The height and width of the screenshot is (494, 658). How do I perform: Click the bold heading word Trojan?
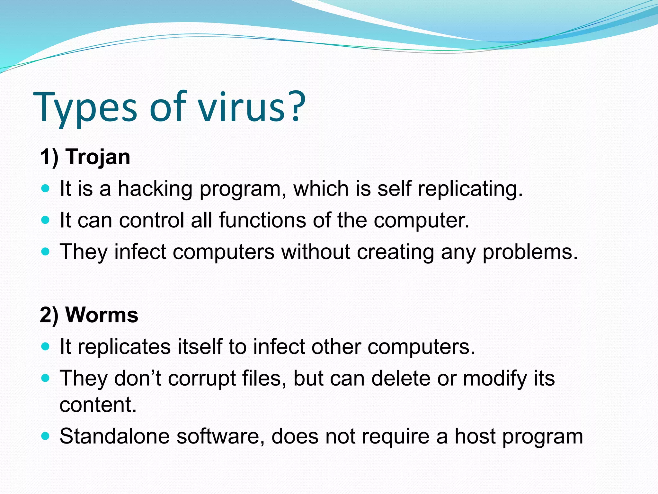(x=98, y=157)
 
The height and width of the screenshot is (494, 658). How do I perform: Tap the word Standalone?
(x=114, y=436)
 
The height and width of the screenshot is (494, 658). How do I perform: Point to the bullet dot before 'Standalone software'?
(x=46, y=436)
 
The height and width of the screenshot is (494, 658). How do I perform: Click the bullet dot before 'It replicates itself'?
(x=46, y=347)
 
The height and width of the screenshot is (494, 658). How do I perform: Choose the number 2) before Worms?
(x=49, y=315)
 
